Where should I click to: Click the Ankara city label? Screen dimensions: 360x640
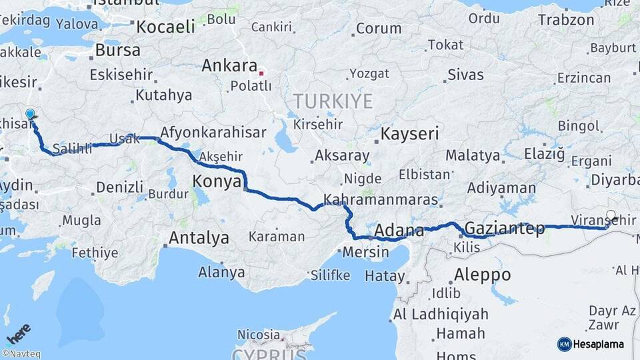click(229, 66)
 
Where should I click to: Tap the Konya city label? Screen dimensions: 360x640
click(216, 181)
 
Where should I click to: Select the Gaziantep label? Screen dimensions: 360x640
click(504, 229)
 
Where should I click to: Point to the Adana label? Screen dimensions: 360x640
click(399, 231)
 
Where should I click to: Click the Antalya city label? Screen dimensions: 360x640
click(199, 238)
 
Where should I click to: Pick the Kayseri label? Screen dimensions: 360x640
click(409, 134)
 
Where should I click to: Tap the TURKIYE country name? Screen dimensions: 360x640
click(334, 101)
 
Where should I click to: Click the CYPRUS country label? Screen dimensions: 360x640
click(271, 353)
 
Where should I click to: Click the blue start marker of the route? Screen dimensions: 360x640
click(29, 114)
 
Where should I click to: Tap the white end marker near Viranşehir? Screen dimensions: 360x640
click(611, 215)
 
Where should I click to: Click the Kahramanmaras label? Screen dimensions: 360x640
click(381, 199)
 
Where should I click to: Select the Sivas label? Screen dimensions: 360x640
click(465, 74)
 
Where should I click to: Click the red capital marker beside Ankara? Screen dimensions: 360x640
click(262, 73)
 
